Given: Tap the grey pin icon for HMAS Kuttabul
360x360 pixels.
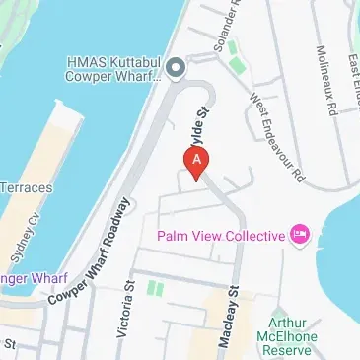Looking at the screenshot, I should (176, 68).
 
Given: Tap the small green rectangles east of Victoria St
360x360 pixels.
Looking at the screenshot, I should (154, 289).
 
